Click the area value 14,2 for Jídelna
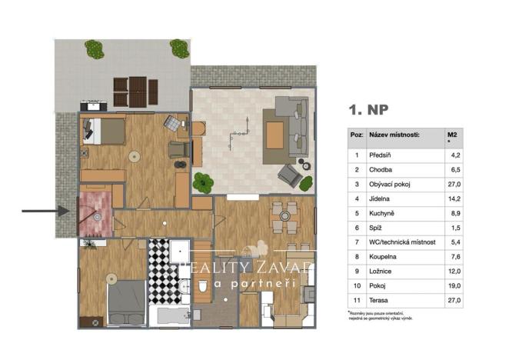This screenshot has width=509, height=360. (454, 199)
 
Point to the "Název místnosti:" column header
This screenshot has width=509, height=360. (394, 134)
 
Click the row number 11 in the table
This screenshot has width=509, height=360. (356, 302)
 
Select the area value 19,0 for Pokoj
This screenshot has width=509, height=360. (454, 287)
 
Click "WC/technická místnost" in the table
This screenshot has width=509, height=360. (402, 243)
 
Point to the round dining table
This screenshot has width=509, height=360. (284, 217)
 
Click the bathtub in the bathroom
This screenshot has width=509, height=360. (173, 315)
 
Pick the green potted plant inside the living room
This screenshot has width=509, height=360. (204, 183)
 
